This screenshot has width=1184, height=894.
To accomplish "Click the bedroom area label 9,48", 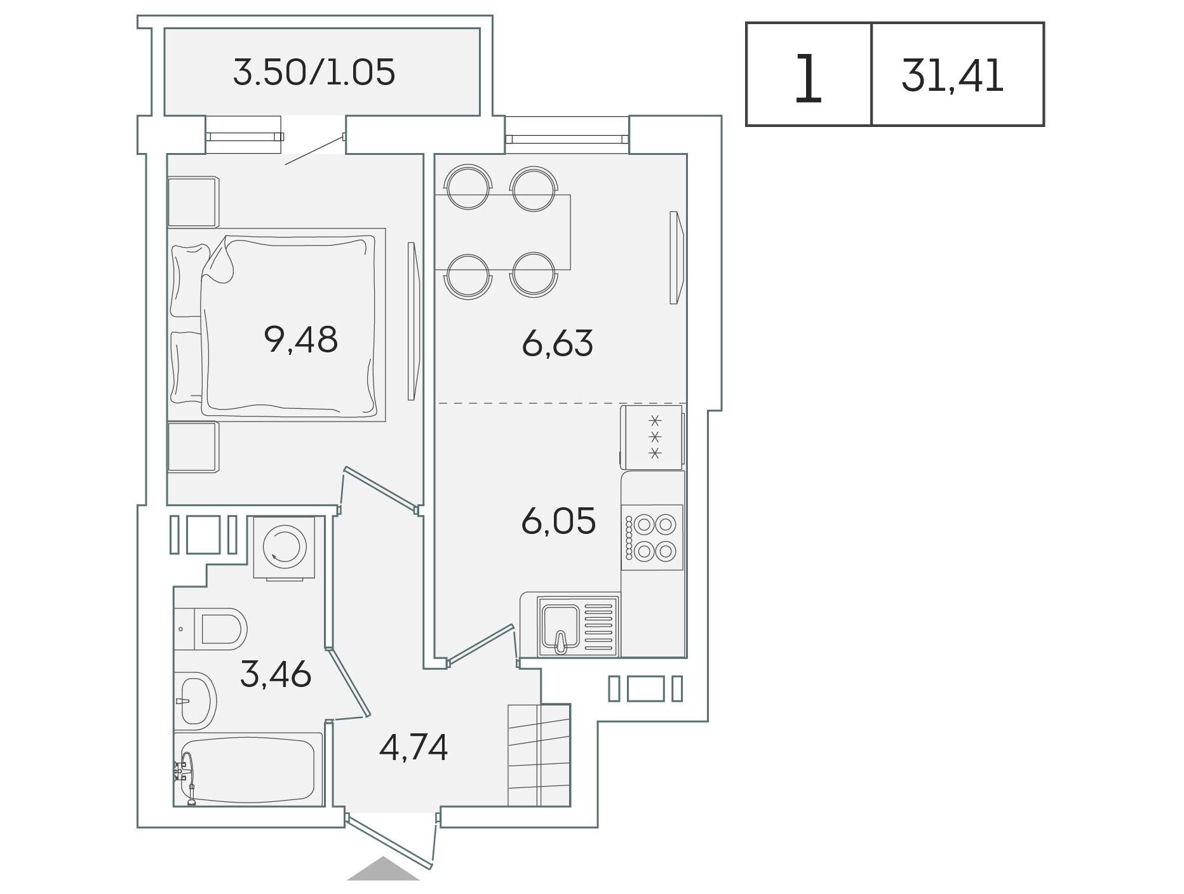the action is coord(300,339).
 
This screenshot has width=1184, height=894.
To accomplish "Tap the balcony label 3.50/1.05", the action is coord(314,72).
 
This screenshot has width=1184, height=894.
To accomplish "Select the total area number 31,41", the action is coord(952,76).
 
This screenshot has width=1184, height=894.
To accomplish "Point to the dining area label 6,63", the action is coord(557,344).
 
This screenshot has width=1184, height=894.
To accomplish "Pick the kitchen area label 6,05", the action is coord(558,521).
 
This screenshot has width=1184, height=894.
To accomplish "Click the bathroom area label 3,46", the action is coord(276,674).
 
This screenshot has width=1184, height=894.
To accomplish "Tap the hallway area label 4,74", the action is coord(414,747).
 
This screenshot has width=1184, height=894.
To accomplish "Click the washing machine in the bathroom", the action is coord(284,547).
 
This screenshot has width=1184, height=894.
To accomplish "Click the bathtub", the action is coord(248,770).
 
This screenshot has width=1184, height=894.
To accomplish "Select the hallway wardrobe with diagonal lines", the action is coord(539,755).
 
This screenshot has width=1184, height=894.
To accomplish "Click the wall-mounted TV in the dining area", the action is coord(677,258).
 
